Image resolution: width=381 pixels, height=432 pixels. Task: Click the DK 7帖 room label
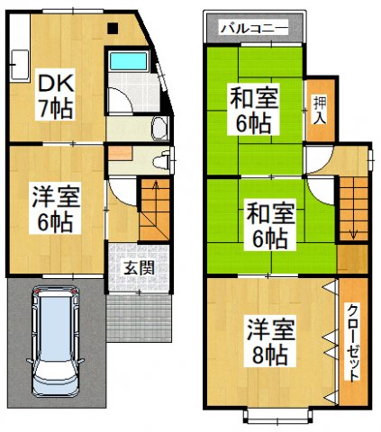coord(55,96)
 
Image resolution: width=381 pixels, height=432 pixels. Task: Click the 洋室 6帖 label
coord(55,207)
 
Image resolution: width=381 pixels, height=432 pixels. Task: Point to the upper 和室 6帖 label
coord(254,105)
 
